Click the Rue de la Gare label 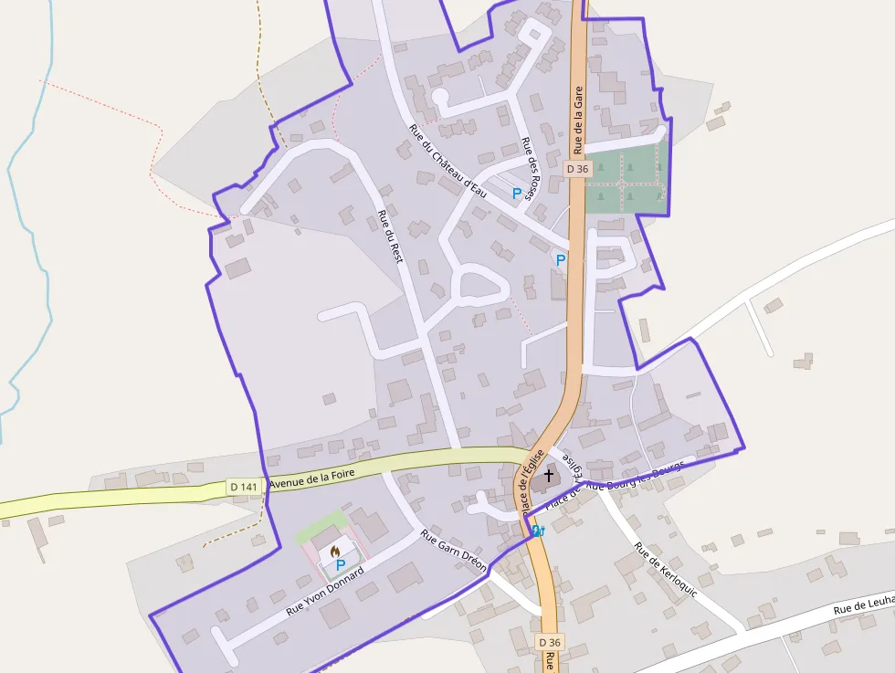coord(578,120)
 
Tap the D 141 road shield coord(244,487)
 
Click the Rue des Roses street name coord(531,161)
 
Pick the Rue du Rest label coord(390,236)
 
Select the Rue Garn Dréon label coord(453,550)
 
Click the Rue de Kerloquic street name coord(666,570)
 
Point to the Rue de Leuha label coord(863,606)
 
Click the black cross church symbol coord(549,475)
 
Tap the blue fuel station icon coord(537,531)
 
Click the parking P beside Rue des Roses coord(517,194)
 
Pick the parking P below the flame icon coord(340,565)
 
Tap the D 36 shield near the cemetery coord(578,168)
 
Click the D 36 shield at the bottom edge coord(549,643)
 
